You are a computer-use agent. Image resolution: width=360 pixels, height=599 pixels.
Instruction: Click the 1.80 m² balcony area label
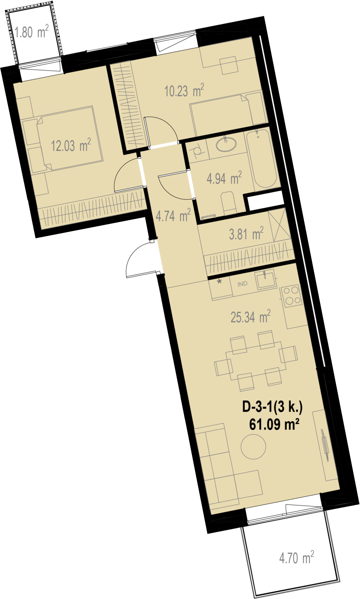click(x=31, y=31)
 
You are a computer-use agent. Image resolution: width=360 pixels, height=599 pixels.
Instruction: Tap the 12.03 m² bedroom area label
click(x=71, y=145)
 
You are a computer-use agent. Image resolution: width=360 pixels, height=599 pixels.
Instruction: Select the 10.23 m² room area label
click(x=184, y=90)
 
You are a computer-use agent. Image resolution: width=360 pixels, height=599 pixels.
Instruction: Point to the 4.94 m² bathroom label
click(x=224, y=178)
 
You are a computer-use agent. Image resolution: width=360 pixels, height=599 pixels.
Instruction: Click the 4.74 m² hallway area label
click(x=173, y=216)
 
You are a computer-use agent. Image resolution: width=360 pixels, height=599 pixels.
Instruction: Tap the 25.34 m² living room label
click(x=251, y=317)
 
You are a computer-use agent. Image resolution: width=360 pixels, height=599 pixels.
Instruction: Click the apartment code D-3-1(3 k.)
click(x=272, y=407)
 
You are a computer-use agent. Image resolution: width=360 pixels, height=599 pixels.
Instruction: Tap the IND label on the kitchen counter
click(x=242, y=284)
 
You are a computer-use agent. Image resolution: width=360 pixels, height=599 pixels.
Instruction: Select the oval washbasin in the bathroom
click(x=226, y=144)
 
